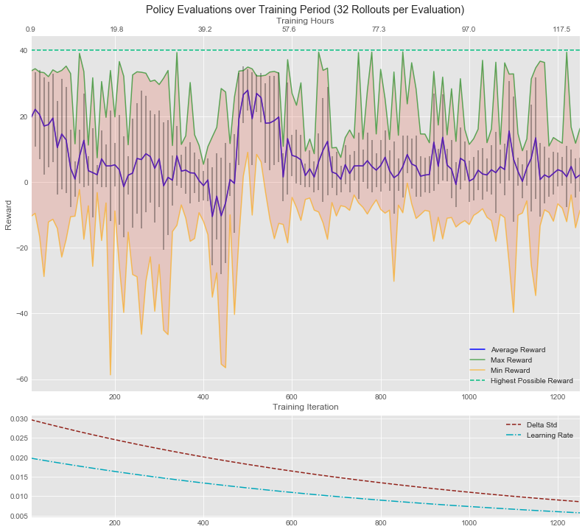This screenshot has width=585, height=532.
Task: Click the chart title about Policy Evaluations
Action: pyautogui.click(x=305, y=10)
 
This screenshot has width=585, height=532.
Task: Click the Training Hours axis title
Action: pyautogui.click(x=305, y=21)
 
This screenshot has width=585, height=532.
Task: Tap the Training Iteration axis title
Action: pyautogui.click(x=305, y=407)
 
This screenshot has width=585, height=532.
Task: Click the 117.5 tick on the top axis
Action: pyautogui.click(x=561, y=29)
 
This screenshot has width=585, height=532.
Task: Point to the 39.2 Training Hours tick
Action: pyautogui.click(x=205, y=29)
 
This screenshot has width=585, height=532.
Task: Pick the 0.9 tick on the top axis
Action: pyautogui.click(x=30, y=29)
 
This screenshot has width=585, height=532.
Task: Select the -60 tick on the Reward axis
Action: pyautogui.click(x=19, y=379)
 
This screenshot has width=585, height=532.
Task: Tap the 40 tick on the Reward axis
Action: pyautogui.click(x=23, y=51)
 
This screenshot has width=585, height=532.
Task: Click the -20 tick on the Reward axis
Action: pyautogui.click(x=19, y=248)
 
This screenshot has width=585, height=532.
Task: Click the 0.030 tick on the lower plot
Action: pyautogui.click(x=16, y=419)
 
